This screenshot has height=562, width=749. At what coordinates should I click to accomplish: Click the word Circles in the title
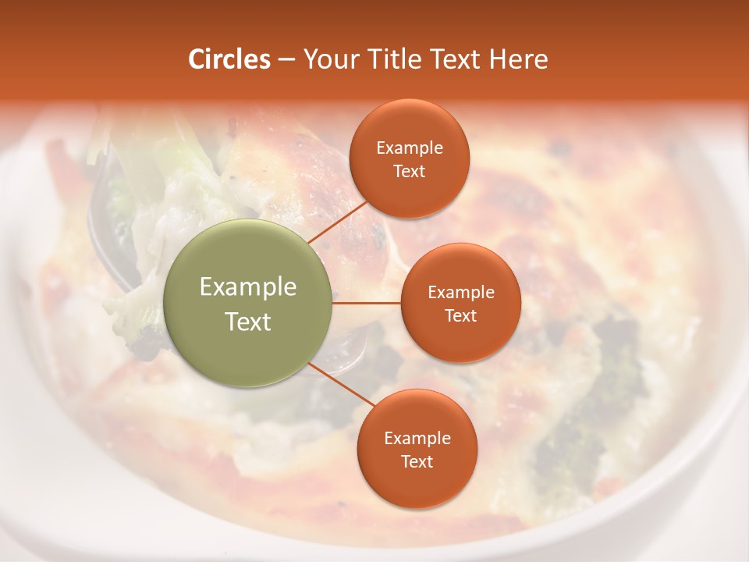point(229,59)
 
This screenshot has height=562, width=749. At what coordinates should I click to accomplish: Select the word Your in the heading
point(330,59)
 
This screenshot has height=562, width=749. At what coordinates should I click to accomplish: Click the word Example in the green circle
point(248,287)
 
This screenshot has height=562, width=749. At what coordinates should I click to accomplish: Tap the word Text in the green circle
point(248,322)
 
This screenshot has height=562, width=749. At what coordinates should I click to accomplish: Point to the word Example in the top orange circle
point(410,148)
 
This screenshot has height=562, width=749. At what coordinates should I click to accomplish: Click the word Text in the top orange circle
point(410,172)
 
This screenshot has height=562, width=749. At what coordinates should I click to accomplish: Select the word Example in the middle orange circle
point(461,293)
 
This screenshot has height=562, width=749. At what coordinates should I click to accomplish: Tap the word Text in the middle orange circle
point(461,315)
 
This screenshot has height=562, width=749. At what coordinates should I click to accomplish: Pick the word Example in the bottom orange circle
point(417,439)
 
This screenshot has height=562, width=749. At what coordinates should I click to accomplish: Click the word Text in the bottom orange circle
point(417,461)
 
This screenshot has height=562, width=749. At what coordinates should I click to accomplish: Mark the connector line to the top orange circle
point(339,222)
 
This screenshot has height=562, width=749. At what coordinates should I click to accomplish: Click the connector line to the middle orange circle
point(367,303)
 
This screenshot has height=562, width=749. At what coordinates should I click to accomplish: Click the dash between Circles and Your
point(286,60)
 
